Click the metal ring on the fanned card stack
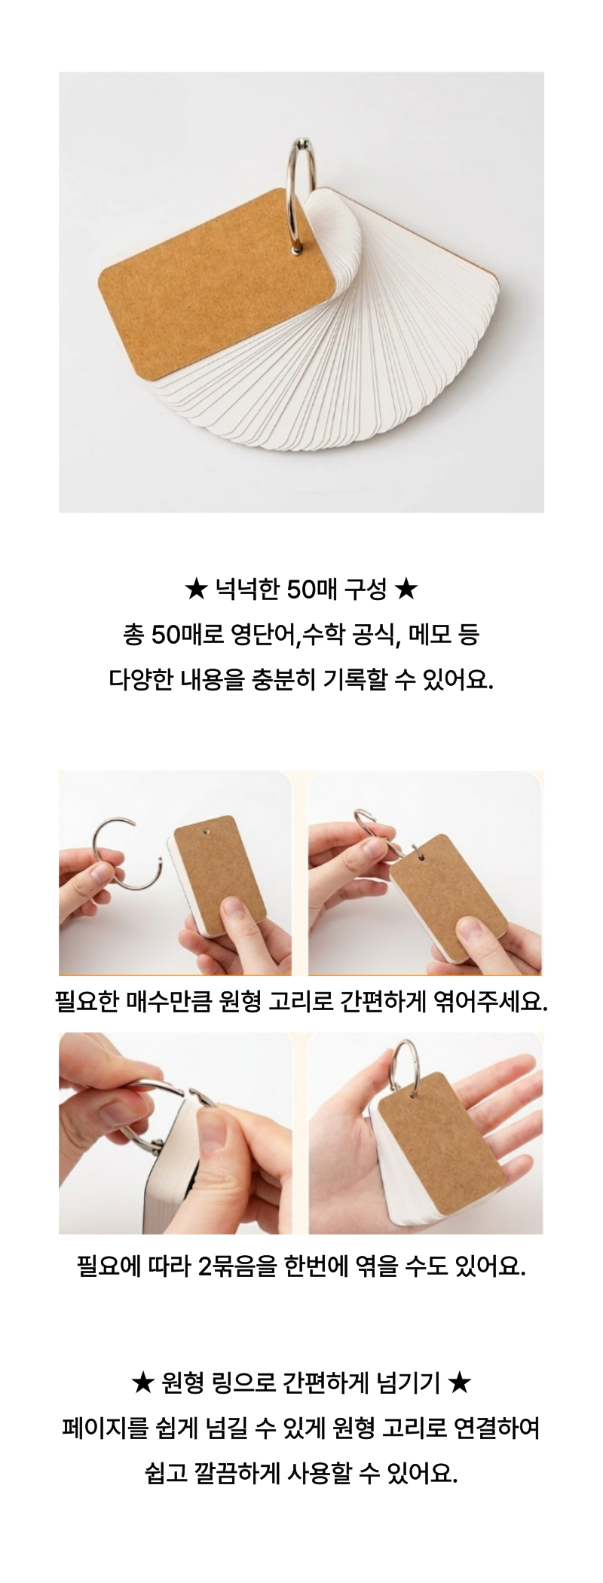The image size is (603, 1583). pyautogui.click(x=301, y=193)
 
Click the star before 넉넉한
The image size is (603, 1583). pyautogui.click(x=195, y=589)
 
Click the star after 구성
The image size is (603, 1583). pyautogui.click(x=406, y=589)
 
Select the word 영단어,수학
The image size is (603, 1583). pyautogui.click(x=284, y=635)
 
